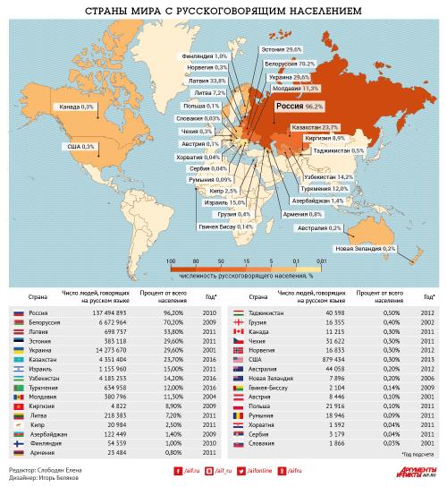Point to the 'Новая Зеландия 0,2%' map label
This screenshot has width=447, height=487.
pyautogui.click(x=365, y=248)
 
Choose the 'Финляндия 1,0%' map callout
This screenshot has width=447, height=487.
pyautogui.click(x=204, y=56)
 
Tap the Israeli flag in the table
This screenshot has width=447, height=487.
pyautogui.click(x=18, y=368)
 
